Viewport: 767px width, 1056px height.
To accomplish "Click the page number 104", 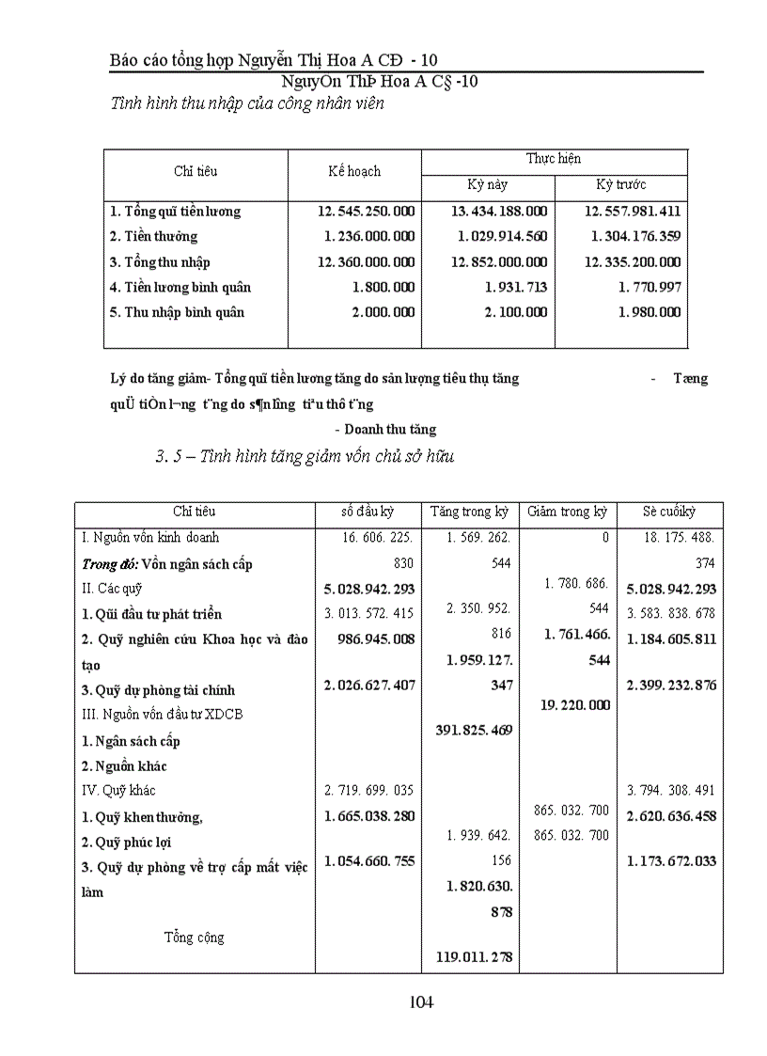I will (421, 1002).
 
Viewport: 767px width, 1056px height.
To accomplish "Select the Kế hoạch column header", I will (354, 171).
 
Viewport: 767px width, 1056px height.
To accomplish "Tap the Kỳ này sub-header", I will (488, 184).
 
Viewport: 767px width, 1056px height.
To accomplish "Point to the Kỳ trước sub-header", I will (621, 184).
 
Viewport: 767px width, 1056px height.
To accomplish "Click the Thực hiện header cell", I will (554, 159).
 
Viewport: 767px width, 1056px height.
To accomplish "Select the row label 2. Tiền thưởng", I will (153, 237).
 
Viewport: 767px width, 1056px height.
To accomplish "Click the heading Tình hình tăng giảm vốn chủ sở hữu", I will (305, 457).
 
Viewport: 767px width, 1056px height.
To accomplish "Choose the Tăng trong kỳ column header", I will (469, 512).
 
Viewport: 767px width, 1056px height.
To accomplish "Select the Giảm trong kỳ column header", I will (567, 512).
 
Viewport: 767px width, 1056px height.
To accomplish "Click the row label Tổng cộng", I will (194, 938).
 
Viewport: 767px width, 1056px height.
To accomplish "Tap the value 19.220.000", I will (574, 705).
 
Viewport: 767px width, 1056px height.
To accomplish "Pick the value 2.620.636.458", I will (670, 816).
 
